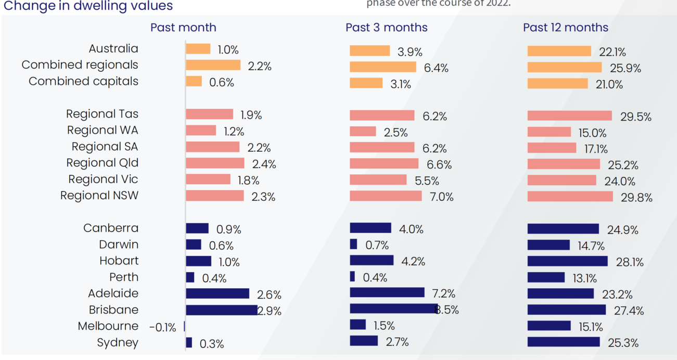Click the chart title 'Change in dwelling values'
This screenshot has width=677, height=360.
click(x=87, y=6)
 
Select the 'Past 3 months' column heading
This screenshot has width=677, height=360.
click(x=386, y=28)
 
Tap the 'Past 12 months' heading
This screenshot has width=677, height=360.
click(x=565, y=28)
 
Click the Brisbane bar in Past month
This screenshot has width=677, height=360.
click(x=222, y=310)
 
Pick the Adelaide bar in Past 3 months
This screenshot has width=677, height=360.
click(x=387, y=292)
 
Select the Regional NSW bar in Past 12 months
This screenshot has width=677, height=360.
click(x=570, y=196)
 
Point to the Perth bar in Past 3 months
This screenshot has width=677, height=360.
click(x=352, y=276)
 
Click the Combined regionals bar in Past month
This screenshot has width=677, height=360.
click(x=213, y=65)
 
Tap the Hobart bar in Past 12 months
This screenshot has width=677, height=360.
click(x=567, y=261)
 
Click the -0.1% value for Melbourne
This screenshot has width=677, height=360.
click(x=162, y=327)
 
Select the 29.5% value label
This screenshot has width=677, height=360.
click(x=635, y=117)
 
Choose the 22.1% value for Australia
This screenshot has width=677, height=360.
click(x=612, y=52)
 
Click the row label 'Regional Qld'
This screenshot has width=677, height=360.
click(x=103, y=163)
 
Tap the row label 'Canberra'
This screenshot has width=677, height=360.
click(x=111, y=228)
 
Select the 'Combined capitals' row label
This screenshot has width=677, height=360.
click(x=83, y=81)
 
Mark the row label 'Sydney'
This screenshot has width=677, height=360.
click(x=118, y=342)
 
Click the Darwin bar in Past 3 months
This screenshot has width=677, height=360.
click(x=353, y=244)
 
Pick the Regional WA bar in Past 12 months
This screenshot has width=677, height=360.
click(x=549, y=132)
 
